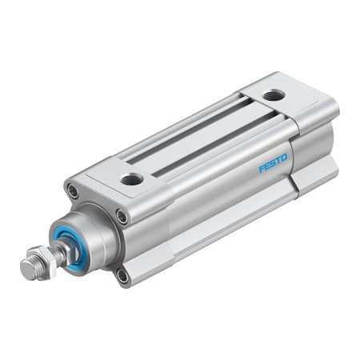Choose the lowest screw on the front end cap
(122, 277)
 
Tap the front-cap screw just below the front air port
(122, 215)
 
